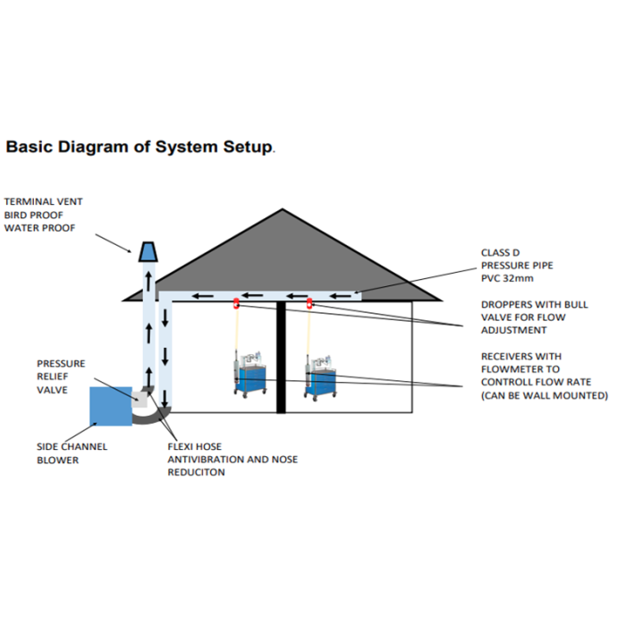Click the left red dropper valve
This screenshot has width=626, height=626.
237,302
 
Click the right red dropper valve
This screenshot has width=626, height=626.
310,302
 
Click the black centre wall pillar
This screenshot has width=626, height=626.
281,358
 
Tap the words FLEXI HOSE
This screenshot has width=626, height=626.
194,446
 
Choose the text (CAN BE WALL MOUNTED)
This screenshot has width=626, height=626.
545,395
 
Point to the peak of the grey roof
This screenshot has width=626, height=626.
283,211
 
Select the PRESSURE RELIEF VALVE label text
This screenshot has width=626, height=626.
61,376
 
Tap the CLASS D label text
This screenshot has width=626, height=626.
501,253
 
